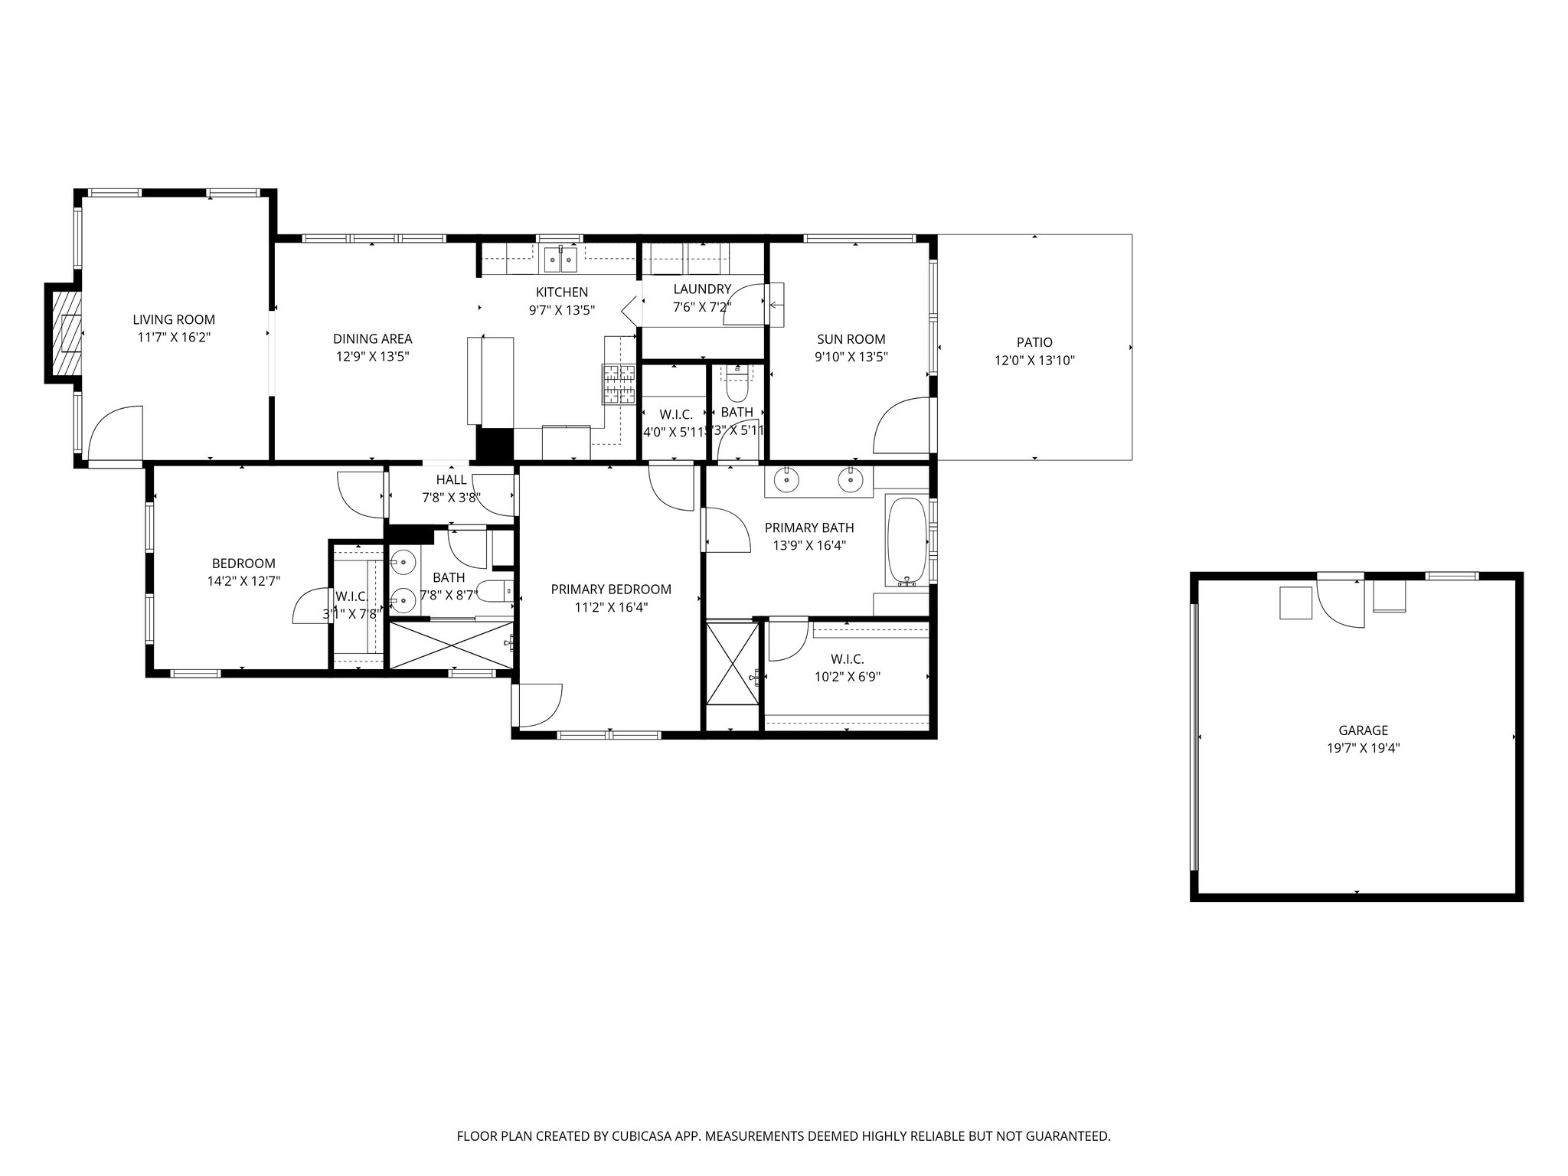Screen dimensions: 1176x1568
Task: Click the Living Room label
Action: [174, 320]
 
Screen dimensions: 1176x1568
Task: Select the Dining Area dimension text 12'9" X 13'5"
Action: [372, 356]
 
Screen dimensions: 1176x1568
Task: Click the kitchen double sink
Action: [561, 260]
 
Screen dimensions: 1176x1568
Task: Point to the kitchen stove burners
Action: [619, 384]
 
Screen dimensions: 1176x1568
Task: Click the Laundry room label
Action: [701, 289]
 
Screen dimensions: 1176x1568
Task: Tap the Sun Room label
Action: [851, 339]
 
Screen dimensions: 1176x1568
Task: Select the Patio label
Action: [1034, 342]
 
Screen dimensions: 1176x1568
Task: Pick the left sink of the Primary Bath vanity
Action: [786, 481]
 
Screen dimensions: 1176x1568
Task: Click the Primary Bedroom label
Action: [611, 589]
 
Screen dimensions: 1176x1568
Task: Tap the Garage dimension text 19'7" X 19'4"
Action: [1363, 749]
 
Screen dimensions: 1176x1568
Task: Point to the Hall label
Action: [451, 480]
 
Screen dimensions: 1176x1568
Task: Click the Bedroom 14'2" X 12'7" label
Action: [243, 563]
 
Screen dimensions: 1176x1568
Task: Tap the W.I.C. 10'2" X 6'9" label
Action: [847, 659]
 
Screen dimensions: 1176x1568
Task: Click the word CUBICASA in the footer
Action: [633, 1137]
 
